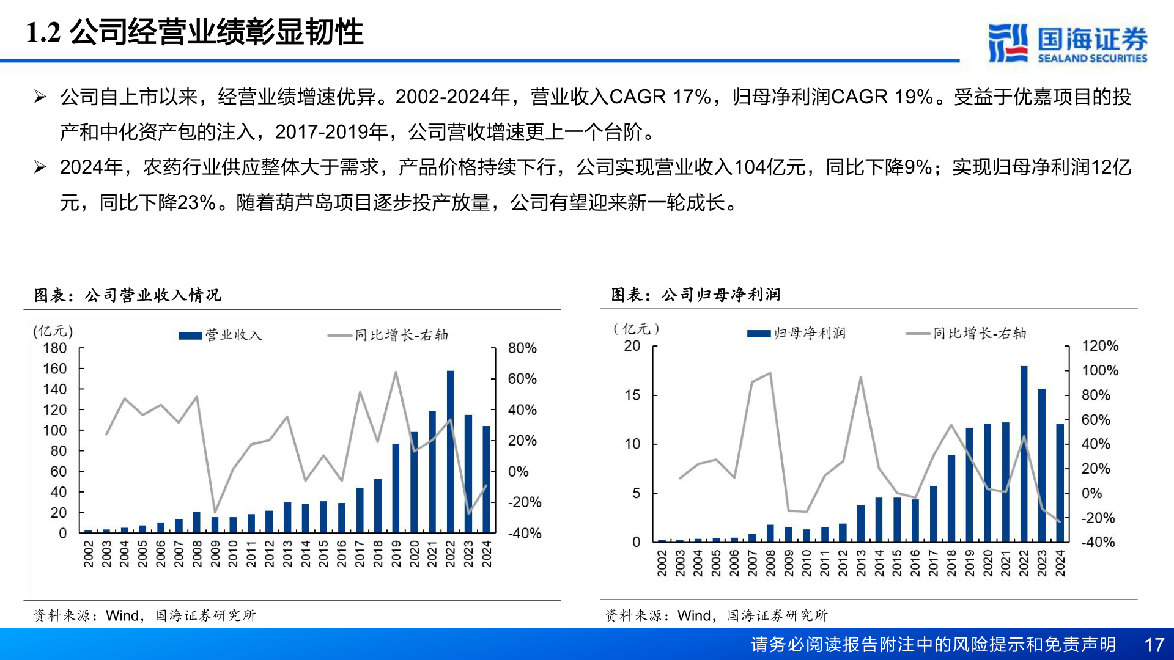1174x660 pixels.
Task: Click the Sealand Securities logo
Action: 1067,43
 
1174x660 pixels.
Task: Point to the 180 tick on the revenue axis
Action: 55,348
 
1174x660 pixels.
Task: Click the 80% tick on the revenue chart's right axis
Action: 522,348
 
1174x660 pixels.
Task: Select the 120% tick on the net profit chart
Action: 1099,346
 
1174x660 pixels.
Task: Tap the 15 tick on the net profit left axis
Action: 632,395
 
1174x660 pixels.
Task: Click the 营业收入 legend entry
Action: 221,335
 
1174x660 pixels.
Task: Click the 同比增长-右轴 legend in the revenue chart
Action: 388,335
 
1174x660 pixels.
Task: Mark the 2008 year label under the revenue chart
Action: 197,554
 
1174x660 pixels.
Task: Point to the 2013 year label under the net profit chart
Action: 861,563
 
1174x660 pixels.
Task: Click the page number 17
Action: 1154,645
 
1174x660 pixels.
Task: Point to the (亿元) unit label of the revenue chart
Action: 53,331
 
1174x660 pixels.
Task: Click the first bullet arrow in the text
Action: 40,97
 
